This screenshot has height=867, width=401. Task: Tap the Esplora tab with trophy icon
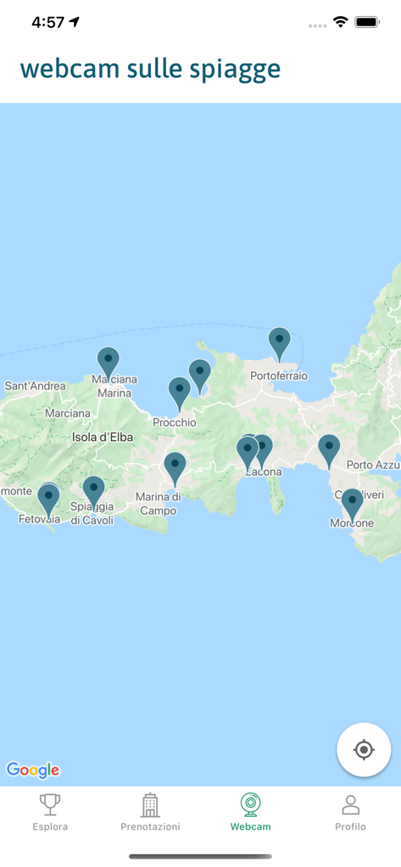pos(50,812)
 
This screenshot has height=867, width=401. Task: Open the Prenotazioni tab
pos(150,812)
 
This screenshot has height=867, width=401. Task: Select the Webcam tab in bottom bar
pos(250,812)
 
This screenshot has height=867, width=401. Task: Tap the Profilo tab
pos(350,812)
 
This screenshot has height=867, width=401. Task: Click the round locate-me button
pos(364,750)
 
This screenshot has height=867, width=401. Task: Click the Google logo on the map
pos(33,770)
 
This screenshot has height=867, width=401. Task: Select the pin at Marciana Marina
pos(108,362)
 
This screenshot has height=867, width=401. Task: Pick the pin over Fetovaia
pos(49,498)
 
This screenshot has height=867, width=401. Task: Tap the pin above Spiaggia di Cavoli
pos(93,491)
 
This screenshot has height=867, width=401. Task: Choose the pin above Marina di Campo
pos(175,467)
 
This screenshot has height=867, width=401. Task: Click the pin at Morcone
pos(352,503)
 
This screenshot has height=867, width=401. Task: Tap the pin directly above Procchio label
pos(179,392)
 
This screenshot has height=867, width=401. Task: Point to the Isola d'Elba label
pos(102,437)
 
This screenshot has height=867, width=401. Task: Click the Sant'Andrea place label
pos(35,386)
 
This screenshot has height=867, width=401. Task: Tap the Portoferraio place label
pos(279,376)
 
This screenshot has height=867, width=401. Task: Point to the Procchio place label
pos(175,422)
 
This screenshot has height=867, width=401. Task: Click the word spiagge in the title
pos(237,69)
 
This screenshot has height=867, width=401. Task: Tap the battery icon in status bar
pos(368,22)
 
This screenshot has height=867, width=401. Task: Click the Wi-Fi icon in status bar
pos(341,22)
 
